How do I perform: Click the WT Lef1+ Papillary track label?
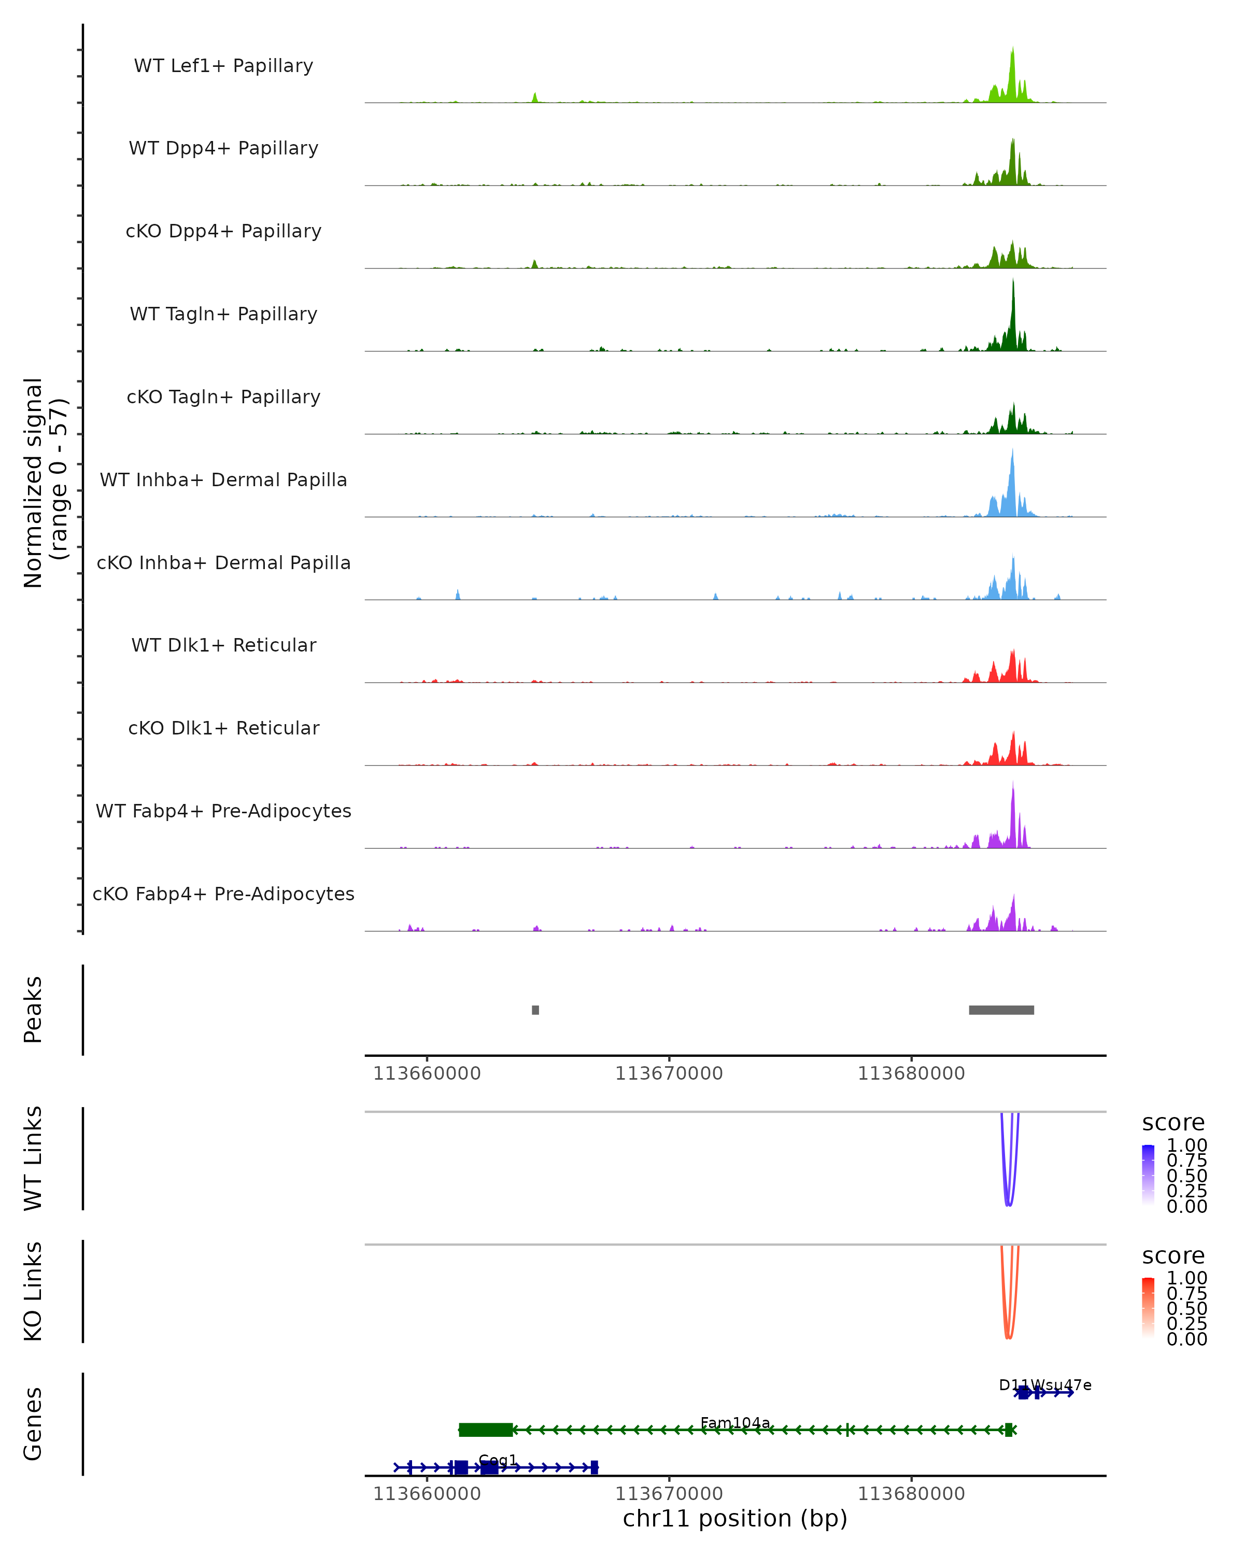tap(223, 66)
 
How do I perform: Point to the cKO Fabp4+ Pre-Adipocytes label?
tap(223, 894)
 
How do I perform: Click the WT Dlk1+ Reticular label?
tap(223, 645)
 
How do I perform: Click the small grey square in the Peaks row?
tap(535, 1010)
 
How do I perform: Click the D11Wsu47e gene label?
tap(1044, 1385)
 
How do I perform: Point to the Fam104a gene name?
tap(735, 1423)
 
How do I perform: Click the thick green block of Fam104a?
tap(485, 1430)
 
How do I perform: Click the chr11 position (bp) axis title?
tap(735, 1518)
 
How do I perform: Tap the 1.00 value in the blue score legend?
tap(1186, 1146)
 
